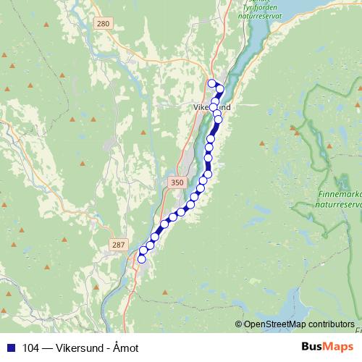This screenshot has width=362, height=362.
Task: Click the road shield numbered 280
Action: pos(103,24)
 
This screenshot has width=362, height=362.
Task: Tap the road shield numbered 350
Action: pos(177,183)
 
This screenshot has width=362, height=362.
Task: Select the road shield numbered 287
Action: pos(119,245)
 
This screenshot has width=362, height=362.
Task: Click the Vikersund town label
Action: pos(212,107)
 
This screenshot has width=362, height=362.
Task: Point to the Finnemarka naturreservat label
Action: pos(340,199)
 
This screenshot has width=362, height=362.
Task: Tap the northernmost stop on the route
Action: pos(211,83)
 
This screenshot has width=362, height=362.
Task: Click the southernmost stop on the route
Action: pos(142,258)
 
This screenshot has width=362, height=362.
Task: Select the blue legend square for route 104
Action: pos(10,348)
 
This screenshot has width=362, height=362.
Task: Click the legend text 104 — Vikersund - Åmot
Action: pos(80,348)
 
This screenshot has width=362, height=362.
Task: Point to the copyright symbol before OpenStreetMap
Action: pos(239,324)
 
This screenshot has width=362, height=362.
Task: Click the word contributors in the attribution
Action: pos(330,324)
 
